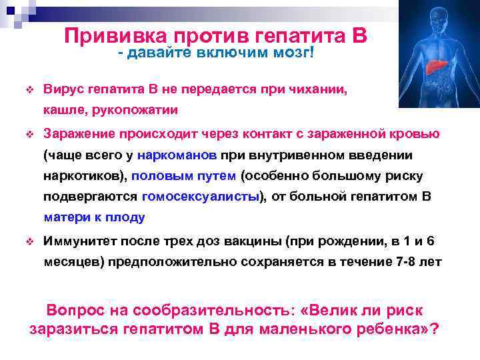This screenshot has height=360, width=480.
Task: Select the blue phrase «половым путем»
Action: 183,176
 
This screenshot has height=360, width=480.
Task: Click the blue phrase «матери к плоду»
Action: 93,217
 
